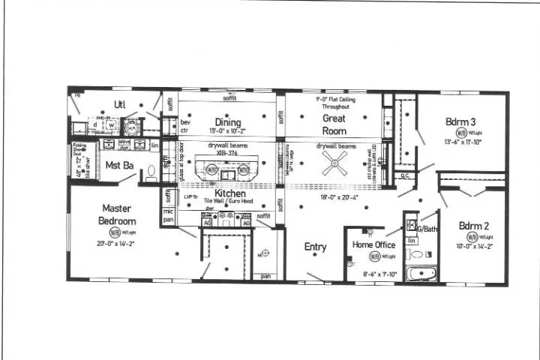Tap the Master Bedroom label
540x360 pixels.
point(117,214)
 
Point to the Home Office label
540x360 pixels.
point(373,244)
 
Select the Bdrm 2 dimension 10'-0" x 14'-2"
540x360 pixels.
point(474,245)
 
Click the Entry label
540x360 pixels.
point(315,247)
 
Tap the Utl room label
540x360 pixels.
point(119,103)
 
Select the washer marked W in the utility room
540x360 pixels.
point(109,124)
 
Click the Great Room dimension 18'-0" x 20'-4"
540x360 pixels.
point(339,196)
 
